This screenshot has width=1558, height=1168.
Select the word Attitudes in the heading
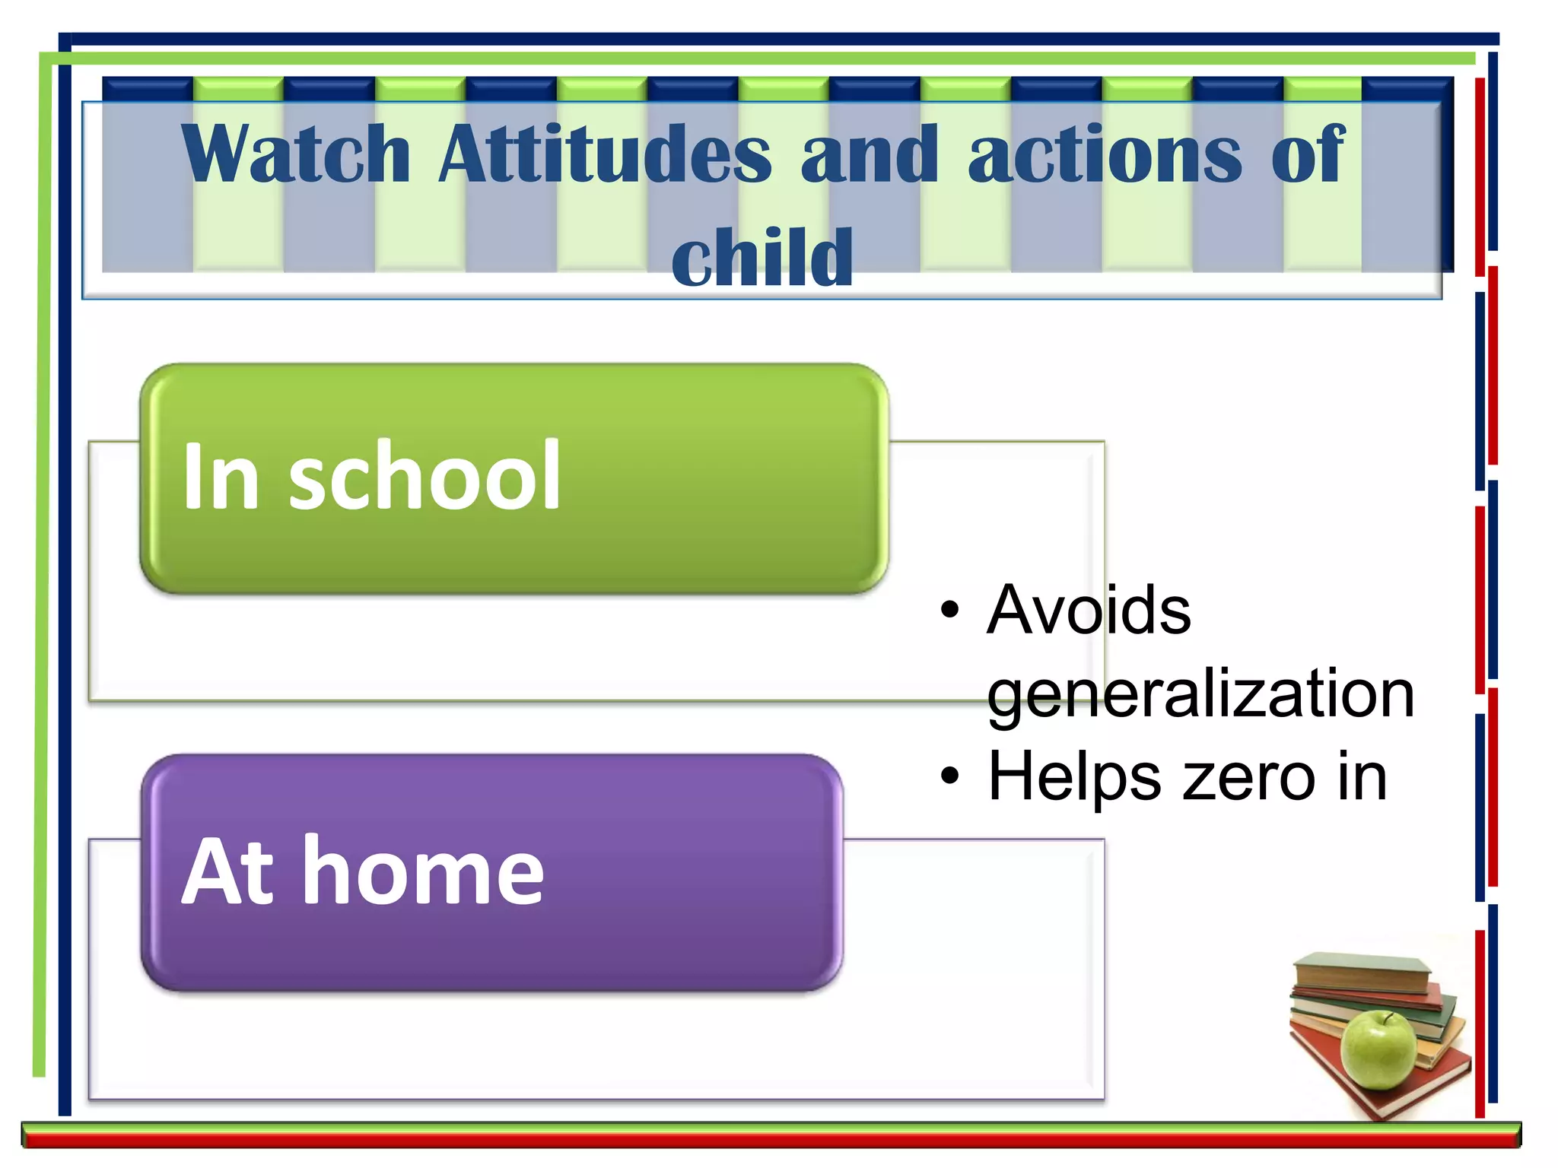tap(605, 154)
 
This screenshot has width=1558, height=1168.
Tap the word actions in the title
tap(1105, 156)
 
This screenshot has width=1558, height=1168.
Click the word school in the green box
tap(424, 477)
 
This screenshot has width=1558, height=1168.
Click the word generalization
tap(1200, 693)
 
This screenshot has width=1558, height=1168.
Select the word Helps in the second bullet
tap(1073, 777)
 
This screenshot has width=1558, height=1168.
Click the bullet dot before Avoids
tap(949, 611)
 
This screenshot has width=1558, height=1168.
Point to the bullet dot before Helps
tap(949, 776)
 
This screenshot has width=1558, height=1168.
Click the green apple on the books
tap(1378, 1052)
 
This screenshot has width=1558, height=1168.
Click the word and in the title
tap(869, 156)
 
